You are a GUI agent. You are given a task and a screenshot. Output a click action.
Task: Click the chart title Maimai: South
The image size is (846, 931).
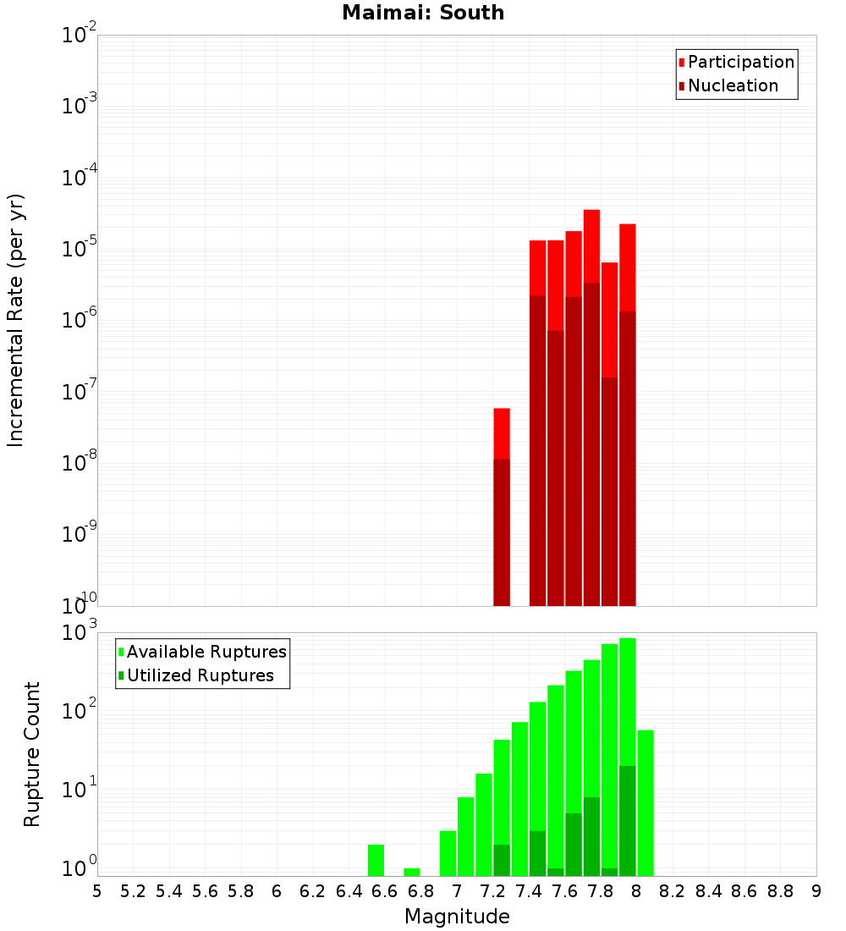pos(423,13)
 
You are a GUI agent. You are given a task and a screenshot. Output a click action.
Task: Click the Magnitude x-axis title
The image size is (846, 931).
pos(457,917)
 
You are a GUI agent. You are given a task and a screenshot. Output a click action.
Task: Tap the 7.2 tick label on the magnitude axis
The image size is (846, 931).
pos(492,891)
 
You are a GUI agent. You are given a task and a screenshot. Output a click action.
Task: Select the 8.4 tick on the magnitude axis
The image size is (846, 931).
pos(708,891)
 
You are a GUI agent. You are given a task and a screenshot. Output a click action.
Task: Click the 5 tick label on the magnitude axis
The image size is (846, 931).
pos(97,891)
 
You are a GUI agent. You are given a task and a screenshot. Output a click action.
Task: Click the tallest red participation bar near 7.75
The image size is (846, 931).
pos(591,245)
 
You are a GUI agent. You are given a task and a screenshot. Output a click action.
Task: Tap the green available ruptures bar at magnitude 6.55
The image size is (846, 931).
pos(376,860)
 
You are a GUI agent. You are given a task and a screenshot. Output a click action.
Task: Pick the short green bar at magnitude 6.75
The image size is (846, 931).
pos(412,872)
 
